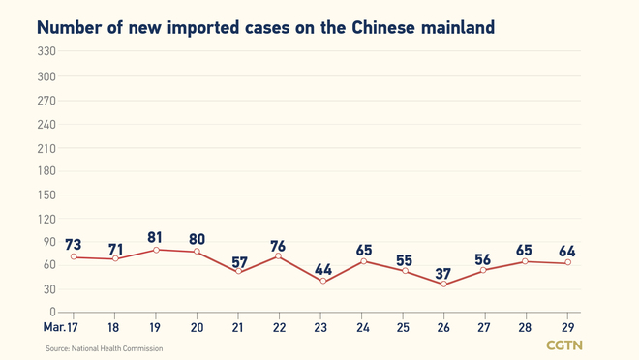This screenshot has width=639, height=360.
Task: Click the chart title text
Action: coord(265,27)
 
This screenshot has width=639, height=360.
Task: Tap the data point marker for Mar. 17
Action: coord(73,257)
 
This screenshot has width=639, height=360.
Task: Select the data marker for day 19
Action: coord(155,250)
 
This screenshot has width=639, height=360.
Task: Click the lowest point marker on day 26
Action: coord(444,285)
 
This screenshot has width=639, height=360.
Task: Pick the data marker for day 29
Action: coord(568,262)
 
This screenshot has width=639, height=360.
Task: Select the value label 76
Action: coord(279,246)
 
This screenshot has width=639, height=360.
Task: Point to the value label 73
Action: coord(73,244)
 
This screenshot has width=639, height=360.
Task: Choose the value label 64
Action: coord(568,251)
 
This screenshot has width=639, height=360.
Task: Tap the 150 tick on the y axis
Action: coord(46,195)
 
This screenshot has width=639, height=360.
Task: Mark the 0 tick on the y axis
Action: coord(52,313)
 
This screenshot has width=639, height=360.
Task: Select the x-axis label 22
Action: coord(279,328)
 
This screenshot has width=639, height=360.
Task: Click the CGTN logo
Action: coord(564,345)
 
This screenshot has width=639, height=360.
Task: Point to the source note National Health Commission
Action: coord(105,348)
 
